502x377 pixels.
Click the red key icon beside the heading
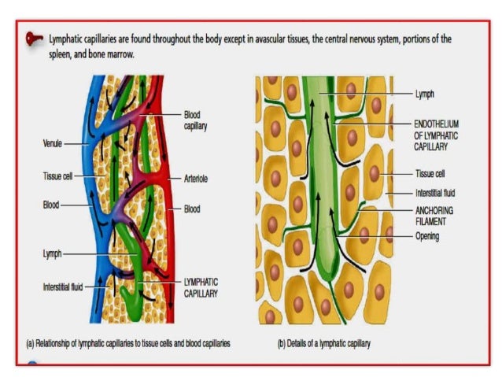point(35,38)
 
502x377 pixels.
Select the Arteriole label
point(196,179)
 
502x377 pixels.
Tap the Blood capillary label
point(195,120)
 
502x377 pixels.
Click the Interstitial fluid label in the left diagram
point(62,287)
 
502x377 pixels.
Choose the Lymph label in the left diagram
point(52,254)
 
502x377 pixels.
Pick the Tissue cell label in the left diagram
point(57,175)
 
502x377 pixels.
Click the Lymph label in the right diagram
point(426,93)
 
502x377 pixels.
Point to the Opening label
point(428,236)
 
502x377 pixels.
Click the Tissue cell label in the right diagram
point(430,173)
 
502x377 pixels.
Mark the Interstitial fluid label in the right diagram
point(435,192)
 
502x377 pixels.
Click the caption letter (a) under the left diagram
point(31,344)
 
